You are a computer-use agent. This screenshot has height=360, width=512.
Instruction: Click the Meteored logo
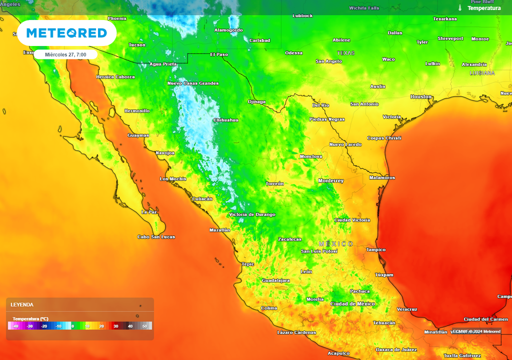coord(66,33)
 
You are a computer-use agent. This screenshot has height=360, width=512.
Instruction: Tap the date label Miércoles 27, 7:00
coord(65,54)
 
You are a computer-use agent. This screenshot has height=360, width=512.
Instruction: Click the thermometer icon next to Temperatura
coord(460,8)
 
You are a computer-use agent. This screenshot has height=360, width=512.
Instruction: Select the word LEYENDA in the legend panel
coord(22,304)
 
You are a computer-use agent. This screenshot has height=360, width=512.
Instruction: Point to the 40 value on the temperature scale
coord(130,326)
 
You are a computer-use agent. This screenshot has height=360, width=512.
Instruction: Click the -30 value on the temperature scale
coord(29,326)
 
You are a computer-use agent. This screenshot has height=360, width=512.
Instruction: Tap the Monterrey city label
coord(331,180)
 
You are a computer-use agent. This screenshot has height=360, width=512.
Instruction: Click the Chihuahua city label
coord(225,120)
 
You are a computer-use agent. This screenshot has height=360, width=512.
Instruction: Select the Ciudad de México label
coord(352,303)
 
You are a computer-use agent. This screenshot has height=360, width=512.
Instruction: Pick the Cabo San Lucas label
coord(156,236)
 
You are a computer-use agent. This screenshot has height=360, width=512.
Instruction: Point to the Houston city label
coord(420,96)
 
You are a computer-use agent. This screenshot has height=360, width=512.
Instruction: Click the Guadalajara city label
coord(275,280)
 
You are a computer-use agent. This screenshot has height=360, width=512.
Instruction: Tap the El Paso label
coord(218,54)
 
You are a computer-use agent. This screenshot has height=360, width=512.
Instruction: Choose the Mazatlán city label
coord(219,230)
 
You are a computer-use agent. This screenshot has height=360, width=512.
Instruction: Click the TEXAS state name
coord(345,52)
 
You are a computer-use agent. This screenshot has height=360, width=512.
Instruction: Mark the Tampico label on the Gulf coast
coord(375,249)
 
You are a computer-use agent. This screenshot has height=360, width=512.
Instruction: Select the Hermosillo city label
coord(136,110)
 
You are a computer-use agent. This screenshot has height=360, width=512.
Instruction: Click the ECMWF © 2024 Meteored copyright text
coord(476,331)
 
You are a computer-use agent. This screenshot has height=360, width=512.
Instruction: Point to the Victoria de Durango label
coord(252,214)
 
